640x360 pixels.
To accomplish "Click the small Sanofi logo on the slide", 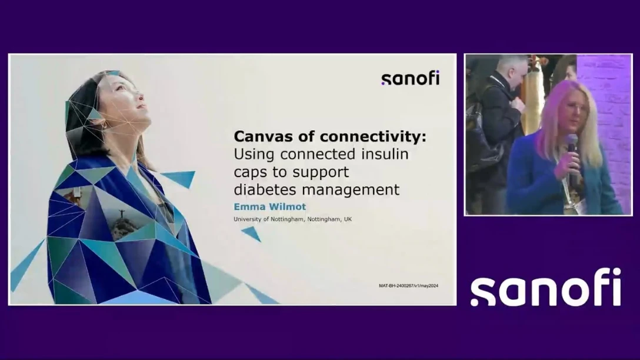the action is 410,78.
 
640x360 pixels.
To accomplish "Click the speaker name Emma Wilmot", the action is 270,207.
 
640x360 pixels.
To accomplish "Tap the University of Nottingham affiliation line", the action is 293,219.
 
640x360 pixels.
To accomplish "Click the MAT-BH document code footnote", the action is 408,286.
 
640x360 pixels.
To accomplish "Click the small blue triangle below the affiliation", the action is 252,234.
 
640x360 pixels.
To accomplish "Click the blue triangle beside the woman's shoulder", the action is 179,178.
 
